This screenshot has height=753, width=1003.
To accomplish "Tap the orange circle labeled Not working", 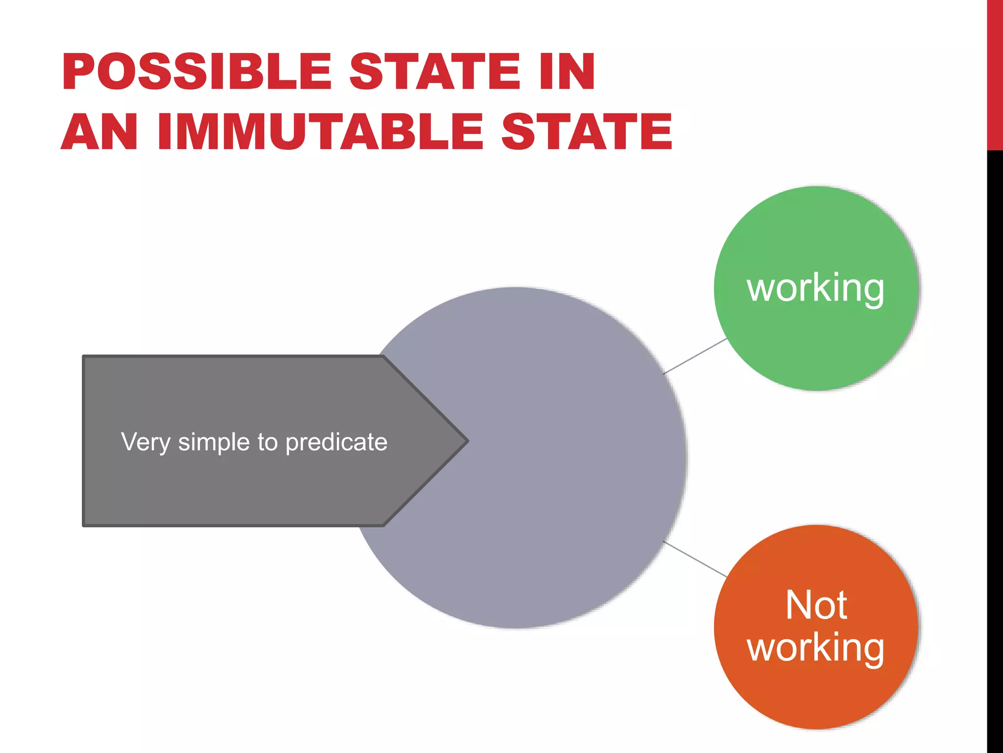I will coord(815,696).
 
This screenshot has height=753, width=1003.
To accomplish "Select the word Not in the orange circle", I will coord(816,605).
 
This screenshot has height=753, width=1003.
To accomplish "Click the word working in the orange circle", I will coord(815,648).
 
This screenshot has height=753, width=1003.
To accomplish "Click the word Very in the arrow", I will coord(145,443).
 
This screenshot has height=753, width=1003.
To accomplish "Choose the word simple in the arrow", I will coord(214,443).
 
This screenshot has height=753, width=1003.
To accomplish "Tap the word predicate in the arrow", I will coord(336,443).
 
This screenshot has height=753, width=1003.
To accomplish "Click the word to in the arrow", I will coord(267,442).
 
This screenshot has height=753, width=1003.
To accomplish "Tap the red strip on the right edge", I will coord(995,74).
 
